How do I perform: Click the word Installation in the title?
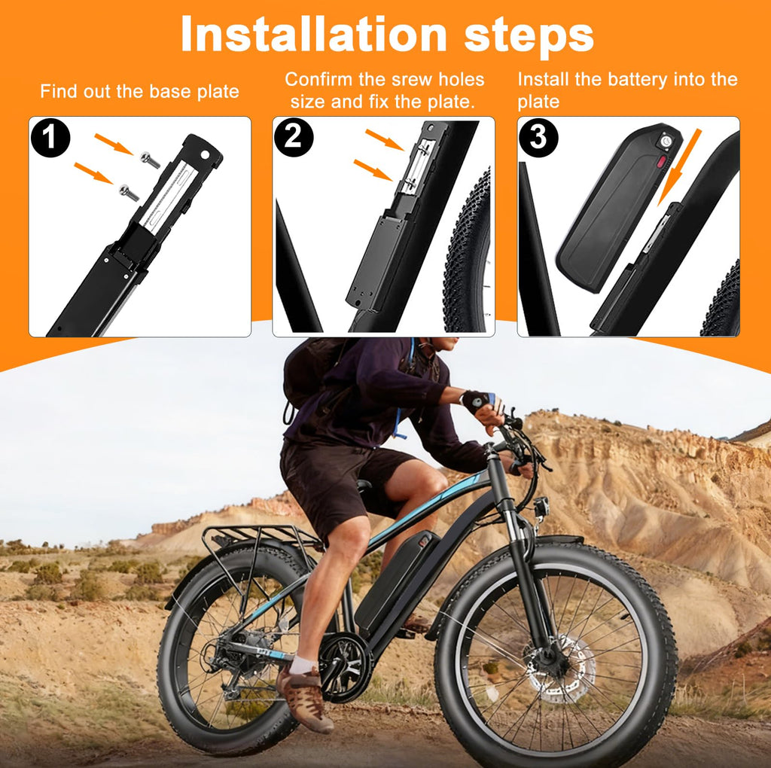coord(314,34)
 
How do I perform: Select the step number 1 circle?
coord(50,137)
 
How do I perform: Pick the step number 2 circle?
coord(294,137)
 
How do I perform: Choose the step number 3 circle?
coord(538,137)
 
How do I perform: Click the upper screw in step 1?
coord(150,160)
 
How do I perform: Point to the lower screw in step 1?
coord(129,192)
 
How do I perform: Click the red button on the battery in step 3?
coord(662,160)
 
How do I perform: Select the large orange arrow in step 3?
coord(680,167)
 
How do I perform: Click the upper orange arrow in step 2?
coord(385,139)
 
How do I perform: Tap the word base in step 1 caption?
coord(170,91)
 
